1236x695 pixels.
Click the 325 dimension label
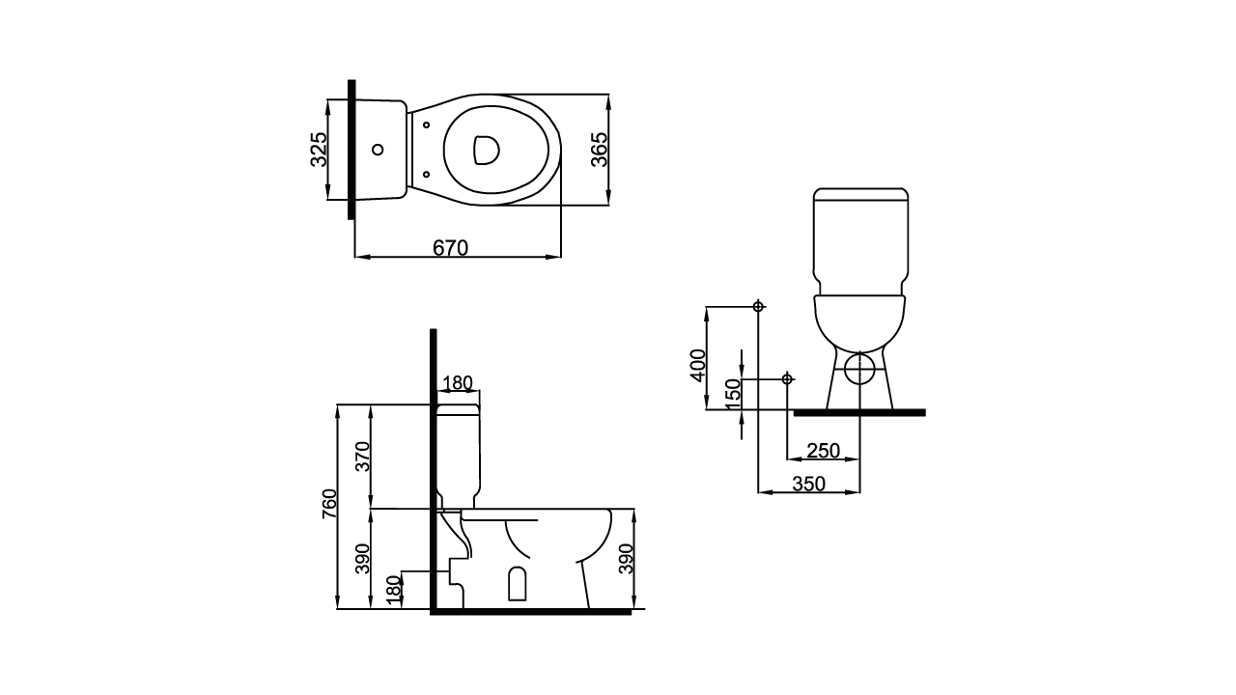(x=319, y=150)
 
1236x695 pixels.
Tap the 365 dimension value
(x=599, y=150)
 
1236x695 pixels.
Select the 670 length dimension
(x=450, y=248)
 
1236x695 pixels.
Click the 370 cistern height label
(x=363, y=456)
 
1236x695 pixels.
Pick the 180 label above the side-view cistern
(x=457, y=383)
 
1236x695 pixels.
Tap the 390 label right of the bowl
(x=626, y=558)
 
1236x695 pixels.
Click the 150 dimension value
(x=733, y=395)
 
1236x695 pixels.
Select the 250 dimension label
(x=823, y=451)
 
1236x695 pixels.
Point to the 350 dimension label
(x=808, y=484)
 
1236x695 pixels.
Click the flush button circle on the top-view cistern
(x=378, y=150)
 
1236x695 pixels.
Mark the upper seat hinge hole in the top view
(x=426, y=125)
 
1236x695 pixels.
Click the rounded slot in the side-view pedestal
(x=517, y=583)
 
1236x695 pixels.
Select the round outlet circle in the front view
(x=858, y=368)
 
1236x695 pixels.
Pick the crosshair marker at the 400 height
(x=759, y=306)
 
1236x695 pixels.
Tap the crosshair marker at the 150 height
(x=787, y=378)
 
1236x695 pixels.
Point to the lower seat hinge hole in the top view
(x=426, y=174)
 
